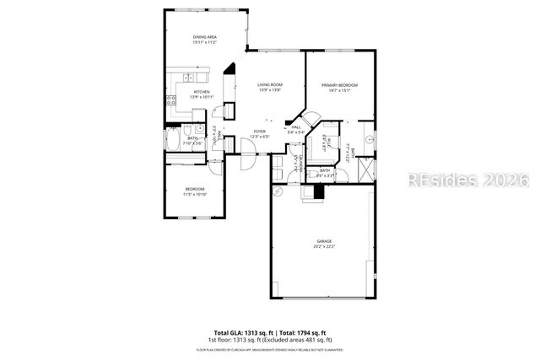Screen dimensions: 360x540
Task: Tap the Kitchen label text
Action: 202,92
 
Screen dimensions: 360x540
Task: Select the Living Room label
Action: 269,84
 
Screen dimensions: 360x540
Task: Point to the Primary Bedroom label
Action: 339,85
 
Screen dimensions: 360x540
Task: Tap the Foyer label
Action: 260,132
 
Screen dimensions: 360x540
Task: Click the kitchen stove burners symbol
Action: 173,104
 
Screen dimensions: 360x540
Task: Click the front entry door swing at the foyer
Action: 249,151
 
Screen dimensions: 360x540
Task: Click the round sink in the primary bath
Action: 369,137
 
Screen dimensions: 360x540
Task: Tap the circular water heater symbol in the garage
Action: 278,191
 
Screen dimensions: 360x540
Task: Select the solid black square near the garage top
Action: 317,191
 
